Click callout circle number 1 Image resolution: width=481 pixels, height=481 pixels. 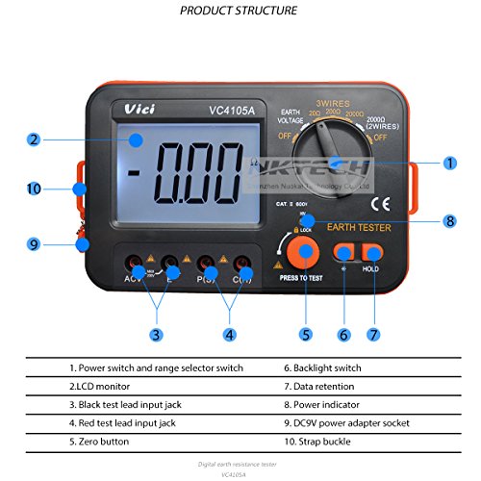click(x=450, y=164)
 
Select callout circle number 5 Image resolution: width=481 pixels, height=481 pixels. click(x=306, y=335)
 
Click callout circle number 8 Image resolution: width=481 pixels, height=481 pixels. click(x=450, y=219)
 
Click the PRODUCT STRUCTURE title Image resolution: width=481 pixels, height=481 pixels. click(x=239, y=11)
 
